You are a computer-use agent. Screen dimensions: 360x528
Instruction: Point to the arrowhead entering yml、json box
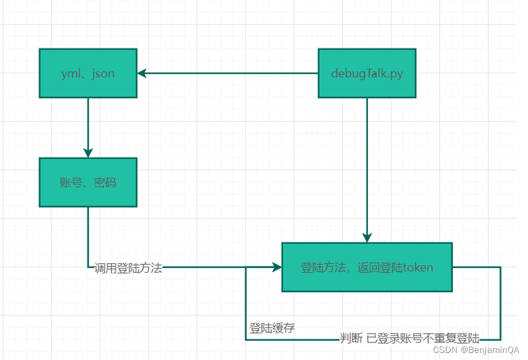(x=142, y=73)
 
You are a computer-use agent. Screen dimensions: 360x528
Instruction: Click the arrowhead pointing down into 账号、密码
(x=88, y=152)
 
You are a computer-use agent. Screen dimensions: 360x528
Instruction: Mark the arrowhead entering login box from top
(x=367, y=237)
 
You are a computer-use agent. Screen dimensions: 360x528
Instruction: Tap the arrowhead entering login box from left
(x=277, y=267)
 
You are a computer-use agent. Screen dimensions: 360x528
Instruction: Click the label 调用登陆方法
(x=128, y=269)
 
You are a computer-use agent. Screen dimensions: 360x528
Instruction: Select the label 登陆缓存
(x=272, y=328)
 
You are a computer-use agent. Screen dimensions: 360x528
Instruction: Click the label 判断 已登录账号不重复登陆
(x=410, y=338)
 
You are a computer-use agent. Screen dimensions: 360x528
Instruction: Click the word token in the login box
(x=418, y=267)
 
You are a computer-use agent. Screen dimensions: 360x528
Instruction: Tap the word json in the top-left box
(x=103, y=73)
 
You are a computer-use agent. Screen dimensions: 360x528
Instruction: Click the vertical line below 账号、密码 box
(x=88, y=235)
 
